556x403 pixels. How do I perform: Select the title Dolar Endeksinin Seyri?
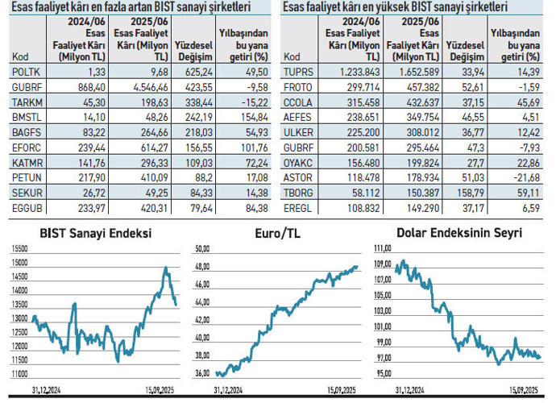tap(459, 233)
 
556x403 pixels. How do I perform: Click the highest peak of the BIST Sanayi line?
tap(164, 268)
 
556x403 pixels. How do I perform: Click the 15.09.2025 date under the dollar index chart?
tap(525, 389)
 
